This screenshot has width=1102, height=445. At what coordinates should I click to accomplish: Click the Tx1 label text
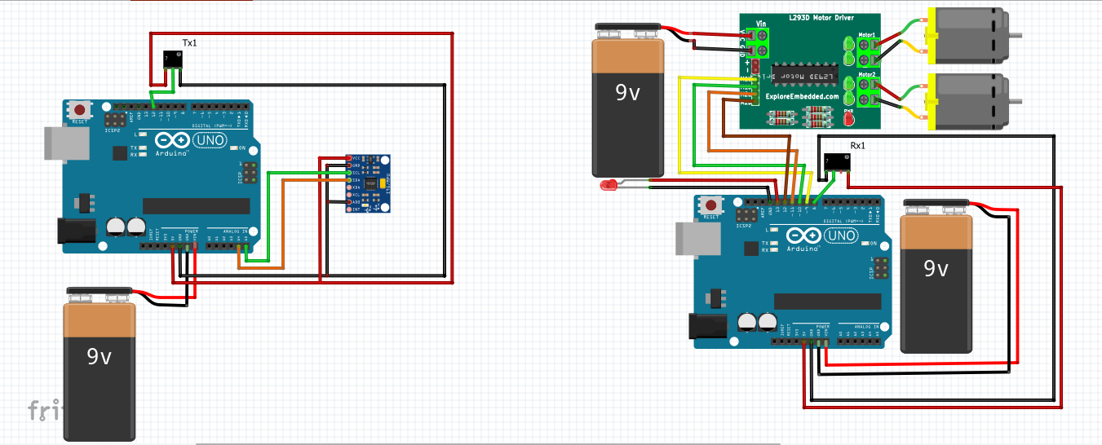click(188, 43)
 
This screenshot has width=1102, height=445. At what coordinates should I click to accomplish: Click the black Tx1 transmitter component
click(172, 59)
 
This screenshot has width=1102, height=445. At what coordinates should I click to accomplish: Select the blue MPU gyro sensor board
click(367, 183)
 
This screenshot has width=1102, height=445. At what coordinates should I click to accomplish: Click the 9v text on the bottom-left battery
click(100, 355)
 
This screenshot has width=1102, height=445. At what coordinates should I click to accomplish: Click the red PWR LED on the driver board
click(848, 120)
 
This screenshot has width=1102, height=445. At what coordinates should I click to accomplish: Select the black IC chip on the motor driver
click(804, 73)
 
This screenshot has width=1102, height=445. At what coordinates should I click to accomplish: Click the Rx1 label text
click(857, 146)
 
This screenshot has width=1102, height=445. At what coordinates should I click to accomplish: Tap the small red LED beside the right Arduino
click(608, 185)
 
